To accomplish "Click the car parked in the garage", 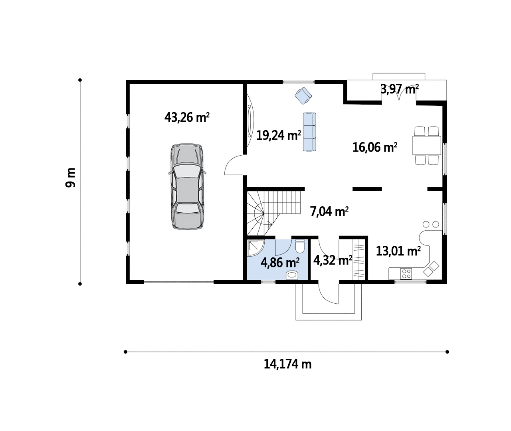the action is coord(187,187).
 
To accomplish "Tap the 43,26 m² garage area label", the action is coord(187,117).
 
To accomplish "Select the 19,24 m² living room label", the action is coord(279,135).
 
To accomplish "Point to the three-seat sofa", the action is coord(309,132).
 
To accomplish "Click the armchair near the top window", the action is coord(303,96).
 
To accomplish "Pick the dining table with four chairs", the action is coord(427,146).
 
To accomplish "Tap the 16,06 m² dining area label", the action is coord(375,148).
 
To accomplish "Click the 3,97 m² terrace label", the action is coord(399,89).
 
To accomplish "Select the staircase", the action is coord(273,213).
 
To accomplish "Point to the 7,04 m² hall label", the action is coord(329,212).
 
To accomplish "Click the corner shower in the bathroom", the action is coord(256,248).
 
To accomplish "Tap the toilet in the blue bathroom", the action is coord(300,246).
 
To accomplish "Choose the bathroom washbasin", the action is coord(292,275).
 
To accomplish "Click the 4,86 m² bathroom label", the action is coord(280,263).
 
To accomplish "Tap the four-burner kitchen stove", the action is coord(406,273).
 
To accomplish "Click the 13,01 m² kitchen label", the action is coord(398,251).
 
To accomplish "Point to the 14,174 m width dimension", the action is coord(287,364).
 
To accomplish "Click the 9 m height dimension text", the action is coord(71,178).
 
